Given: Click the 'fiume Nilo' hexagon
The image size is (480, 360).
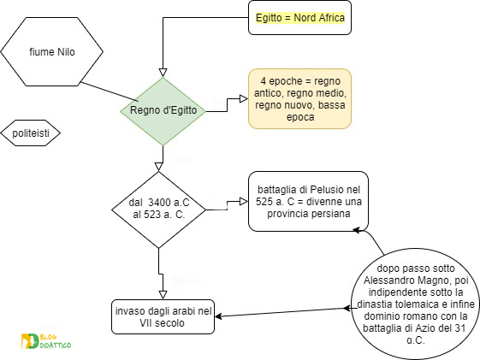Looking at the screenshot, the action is (x=51, y=51).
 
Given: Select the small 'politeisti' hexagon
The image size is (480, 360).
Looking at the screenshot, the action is (x=30, y=133).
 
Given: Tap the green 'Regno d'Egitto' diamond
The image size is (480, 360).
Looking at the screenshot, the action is (x=163, y=111).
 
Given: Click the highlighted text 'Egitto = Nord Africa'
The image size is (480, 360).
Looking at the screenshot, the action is (x=300, y=18).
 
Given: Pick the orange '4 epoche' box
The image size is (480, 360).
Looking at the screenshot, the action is (x=299, y=99).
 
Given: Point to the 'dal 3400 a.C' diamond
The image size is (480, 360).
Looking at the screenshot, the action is (x=158, y=210).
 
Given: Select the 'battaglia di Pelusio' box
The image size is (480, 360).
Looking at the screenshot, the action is (x=308, y=201).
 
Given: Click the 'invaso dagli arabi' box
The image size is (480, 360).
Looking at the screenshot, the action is (x=163, y=316).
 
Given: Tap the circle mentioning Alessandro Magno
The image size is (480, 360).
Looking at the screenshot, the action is (x=416, y=304).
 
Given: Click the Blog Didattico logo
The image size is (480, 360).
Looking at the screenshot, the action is (x=46, y=341).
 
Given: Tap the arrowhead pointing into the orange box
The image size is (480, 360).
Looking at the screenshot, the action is (x=244, y=99).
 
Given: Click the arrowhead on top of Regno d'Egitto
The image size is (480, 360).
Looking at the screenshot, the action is (x=163, y=73).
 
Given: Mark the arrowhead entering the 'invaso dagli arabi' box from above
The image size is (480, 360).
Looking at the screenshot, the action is (x=163, y=295).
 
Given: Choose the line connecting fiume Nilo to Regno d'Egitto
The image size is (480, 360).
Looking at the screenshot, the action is (x=109, y=91).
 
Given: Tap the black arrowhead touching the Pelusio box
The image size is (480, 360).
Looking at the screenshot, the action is (x=358, y=230).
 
